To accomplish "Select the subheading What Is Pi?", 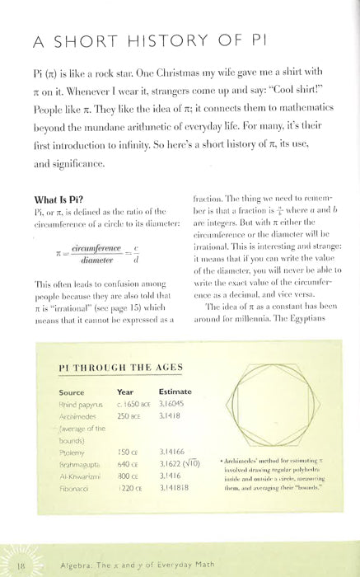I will [63, 199].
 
